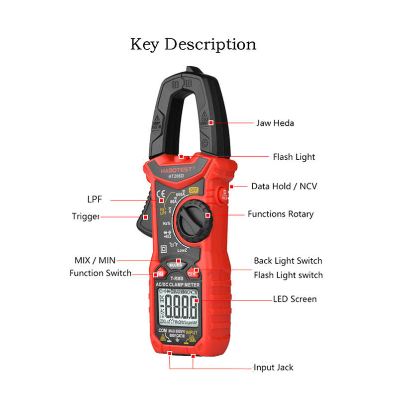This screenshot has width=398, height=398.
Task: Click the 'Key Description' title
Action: point(193,44)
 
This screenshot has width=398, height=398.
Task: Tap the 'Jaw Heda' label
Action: point(275,123)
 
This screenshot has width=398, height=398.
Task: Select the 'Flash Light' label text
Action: point(294,157)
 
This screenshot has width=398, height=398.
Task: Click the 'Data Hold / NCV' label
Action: point(284,187)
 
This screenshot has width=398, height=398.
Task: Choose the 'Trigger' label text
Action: point(86,216)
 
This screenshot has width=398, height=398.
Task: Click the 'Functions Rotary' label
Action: point(281,214)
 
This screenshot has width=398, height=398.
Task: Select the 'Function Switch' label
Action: point(100,273)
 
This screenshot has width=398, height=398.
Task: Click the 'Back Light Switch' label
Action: point(288,261)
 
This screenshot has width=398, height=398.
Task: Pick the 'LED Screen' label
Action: point(295,299)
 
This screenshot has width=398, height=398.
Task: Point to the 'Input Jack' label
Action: point(273,368)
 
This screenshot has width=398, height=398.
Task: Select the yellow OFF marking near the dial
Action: point(194,190)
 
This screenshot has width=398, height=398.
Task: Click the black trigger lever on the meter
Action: point(142,221)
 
